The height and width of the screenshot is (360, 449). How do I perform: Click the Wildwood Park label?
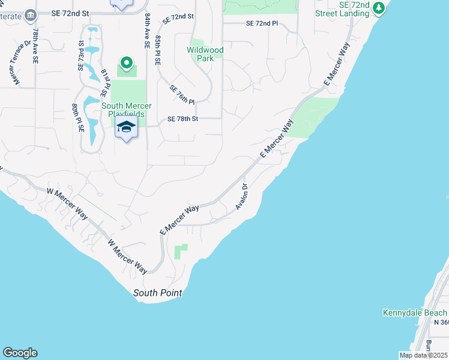(x=205, y=54)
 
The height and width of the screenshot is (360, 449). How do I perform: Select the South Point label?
(x=157, y=293)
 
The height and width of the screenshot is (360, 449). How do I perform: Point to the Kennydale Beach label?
(x=415, y=313)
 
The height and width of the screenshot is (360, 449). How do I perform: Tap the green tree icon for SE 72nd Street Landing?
(x=378, y=8)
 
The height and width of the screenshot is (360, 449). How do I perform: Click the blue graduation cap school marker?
(x=126, y=127)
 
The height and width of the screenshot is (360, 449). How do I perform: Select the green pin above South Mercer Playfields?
(x=126, y=62)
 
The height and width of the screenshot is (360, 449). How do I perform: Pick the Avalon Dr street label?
(x=242, y=197)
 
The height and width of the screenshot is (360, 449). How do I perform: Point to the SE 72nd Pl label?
(x=262, y=23)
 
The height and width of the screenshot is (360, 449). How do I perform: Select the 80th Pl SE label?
(x=77, y=118)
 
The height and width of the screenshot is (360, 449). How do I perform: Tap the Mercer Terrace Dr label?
(x=19, y=62)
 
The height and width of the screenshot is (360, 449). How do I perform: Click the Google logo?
(x=20, y=353)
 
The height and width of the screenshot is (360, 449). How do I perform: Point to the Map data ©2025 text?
(x=423, y=355)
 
